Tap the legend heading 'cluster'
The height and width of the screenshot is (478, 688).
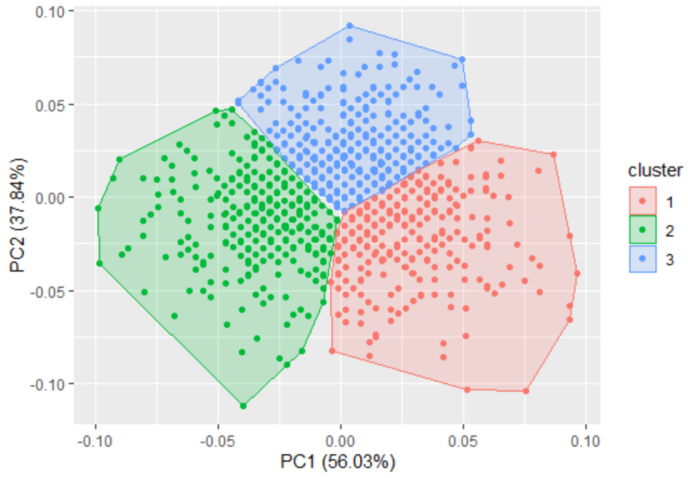point(654,170)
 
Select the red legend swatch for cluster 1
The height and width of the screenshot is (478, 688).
point(642,201)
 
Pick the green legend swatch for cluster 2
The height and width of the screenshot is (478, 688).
point(642,230)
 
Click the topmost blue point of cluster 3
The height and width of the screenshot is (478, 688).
point(350,26)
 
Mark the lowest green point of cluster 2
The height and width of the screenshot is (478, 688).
point(243,406)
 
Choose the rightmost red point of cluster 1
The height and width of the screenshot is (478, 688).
point(577,273)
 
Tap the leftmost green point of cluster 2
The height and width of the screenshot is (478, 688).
point(98,208)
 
